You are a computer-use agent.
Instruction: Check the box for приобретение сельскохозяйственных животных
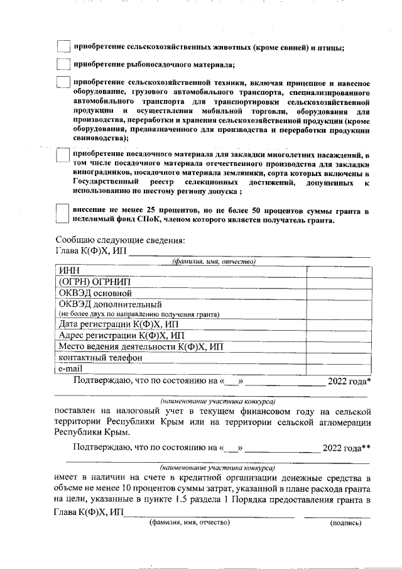(x=63, y=47)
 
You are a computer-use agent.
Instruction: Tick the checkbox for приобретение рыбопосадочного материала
(x=63, y=64)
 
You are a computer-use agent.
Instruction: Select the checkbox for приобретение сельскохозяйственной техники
(x=63, y=83)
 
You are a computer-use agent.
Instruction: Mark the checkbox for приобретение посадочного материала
(x=63, y=155)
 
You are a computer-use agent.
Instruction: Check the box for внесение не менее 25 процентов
(x=63, y=214)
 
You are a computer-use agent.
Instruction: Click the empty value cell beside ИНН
(x=338, y=270)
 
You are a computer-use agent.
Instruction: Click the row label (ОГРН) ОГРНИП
(x=90, y=282)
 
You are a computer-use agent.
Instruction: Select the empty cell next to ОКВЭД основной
(x=338, y=293)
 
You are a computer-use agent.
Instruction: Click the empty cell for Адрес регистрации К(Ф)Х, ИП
(x=338, y=336)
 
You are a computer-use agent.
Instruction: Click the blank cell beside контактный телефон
(x=338, y=358)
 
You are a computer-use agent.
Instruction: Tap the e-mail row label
(x=71, y=369)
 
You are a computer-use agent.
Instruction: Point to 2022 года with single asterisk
(x=349, y=381)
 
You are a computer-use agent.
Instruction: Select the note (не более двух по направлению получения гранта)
(x=139, y=314)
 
